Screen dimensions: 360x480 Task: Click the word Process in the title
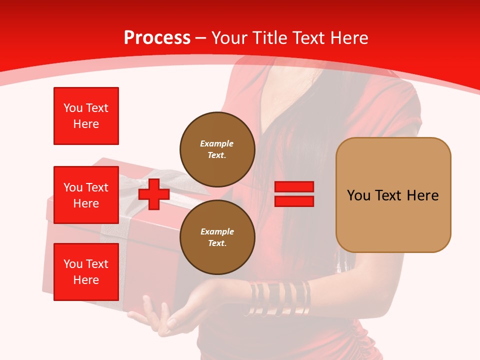point(157,38)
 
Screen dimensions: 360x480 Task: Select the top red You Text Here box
point(86,116)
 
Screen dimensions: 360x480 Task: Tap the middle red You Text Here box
point(86,195)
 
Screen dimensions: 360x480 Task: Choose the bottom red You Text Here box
point(86,272)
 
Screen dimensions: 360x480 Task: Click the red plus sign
point(154,194)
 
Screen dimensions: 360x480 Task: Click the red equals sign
point(294,194)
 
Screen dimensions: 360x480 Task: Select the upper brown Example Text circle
point(217,149)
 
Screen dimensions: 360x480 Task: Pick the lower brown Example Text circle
point(217,237)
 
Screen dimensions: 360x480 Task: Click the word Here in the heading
point(349,38)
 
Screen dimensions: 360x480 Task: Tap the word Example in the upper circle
point(217,143)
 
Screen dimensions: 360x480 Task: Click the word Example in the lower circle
point(217,231)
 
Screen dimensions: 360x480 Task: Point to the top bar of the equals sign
point(294,187)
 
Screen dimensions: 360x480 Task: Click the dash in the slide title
point(201,38)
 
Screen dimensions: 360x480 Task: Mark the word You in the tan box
point(358,195)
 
